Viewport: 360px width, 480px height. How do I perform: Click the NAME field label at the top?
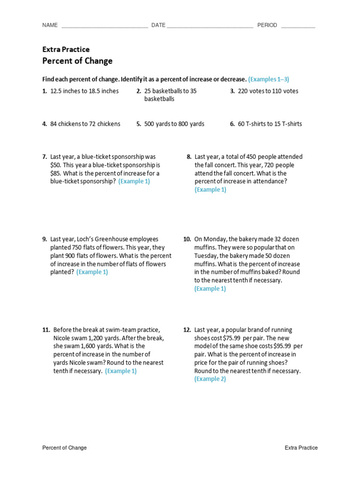[50, 25]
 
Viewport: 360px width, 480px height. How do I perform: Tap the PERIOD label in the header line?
[267, 25]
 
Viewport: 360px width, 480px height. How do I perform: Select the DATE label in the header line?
[158, 25]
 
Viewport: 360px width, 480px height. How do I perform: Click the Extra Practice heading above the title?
[66, 49]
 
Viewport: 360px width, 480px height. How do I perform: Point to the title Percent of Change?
[77, 61]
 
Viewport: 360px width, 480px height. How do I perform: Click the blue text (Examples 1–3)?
[272, 79]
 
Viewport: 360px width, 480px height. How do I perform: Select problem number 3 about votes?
[232, 91]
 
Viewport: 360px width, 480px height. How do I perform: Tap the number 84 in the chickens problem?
[54, 124]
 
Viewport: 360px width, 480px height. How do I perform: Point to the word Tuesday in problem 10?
[206, 255]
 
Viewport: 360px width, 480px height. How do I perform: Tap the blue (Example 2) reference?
[210, 379]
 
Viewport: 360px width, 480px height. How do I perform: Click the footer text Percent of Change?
[64, 448]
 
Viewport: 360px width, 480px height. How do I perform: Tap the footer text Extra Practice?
[301, 448]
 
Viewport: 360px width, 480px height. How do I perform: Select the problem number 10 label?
[187, 239]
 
